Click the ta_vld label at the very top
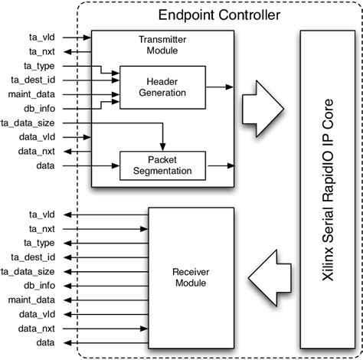tap(42, 36)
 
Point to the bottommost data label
tap(44, 342)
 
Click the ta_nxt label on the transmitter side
tap(41, 51)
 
